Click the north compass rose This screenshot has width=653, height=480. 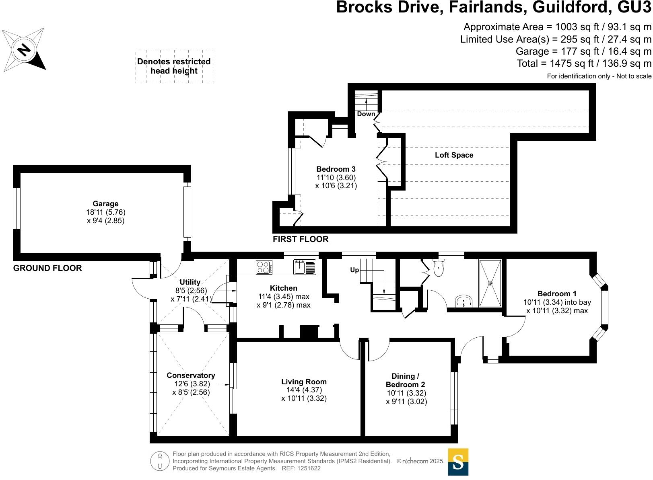coord(24,49)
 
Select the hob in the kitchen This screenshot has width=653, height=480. coord(264,267)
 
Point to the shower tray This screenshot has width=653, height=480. coord(490,283)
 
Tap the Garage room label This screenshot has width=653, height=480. coord(105,204)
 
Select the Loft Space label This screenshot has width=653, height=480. coord(454,155)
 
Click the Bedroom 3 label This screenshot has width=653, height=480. coord(336,169)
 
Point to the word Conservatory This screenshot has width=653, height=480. coord(191,375)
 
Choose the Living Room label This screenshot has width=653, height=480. coord(304,382)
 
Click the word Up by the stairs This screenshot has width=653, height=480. coord(354,270)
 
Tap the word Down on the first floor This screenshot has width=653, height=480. coord(366,114)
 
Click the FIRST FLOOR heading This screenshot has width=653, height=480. coord(301,239)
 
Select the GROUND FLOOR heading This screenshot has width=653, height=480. coord(47,268)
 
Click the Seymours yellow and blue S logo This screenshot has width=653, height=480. coord(458,462)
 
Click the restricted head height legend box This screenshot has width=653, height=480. coord(174,66)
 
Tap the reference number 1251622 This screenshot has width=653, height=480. coord(307,468)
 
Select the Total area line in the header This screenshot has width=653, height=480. coord(584,64)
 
